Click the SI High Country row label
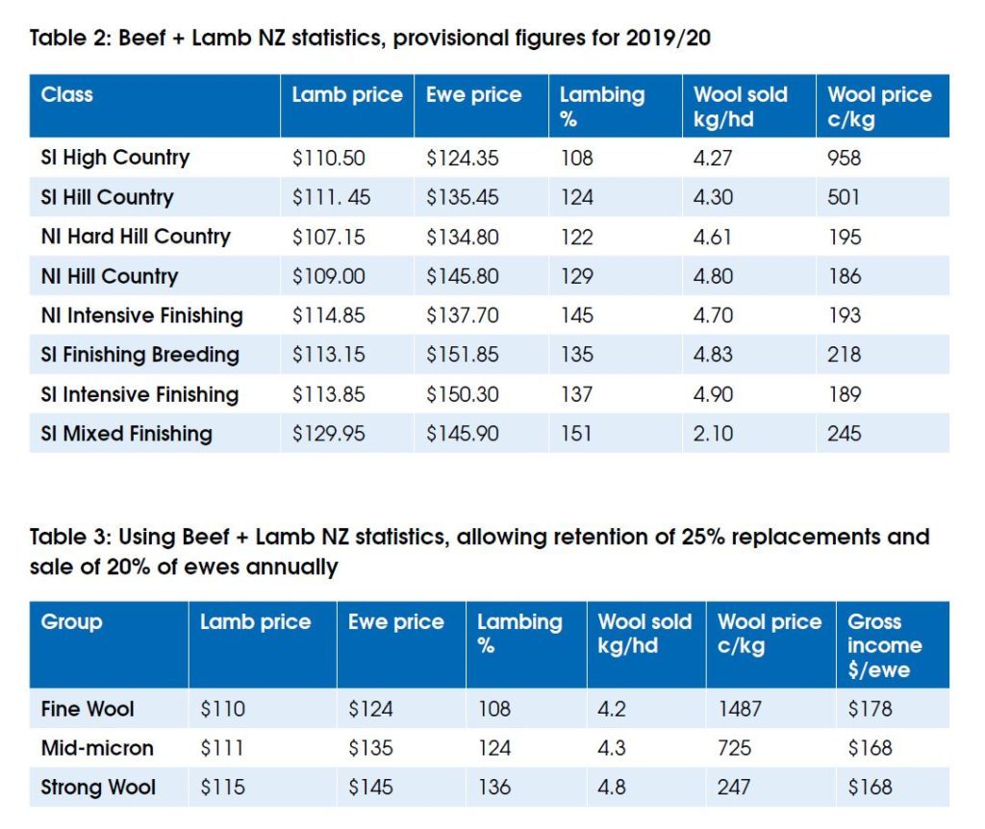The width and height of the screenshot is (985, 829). point(114,158)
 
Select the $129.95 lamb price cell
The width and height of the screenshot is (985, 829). point(328,434)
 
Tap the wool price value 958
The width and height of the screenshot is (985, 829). point(844,158)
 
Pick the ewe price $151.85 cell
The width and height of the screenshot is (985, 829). point(462,355)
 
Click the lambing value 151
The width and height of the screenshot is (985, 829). point(576,434)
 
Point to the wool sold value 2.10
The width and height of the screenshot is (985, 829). point(712,434)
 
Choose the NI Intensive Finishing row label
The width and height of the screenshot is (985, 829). point(141,315)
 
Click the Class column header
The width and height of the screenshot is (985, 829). point(67,95)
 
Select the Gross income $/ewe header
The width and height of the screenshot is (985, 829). point(884,645)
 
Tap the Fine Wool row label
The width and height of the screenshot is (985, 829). point(88,710)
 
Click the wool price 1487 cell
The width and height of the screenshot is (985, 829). point(739,710)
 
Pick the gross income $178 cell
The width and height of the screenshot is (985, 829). point(870,710)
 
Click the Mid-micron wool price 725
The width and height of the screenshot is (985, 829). point(734,748)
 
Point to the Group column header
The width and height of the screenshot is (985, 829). point(71,622)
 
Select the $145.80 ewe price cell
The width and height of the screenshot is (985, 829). point(462,276)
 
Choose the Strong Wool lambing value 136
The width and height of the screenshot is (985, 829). point(493,788)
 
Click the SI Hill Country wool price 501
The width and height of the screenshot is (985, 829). point(844,197)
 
